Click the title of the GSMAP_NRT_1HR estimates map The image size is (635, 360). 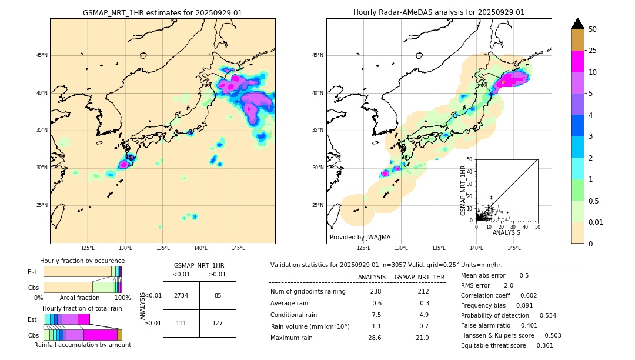pyautogui.click(x=162, y=12)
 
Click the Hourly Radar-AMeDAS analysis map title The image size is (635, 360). pyautogui.click(x=439, y=12)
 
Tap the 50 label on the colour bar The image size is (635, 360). pyautogui.click(x=593, y=29)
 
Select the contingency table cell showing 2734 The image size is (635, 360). pyautogui.click(x=181, y=295)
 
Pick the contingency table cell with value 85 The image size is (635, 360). pyautogui.click(x=218, y=295)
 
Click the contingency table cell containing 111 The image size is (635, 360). pyautogui.click(x=181, y=323)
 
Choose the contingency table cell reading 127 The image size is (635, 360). pyautogui.click(x=218, y=323)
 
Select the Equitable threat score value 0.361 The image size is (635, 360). pyautogui.click(x=540, y=345)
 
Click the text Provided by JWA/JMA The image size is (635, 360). pyautogui.click(x=360, y=237)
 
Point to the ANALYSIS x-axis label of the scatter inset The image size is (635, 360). pyautogui.click(x=506, y=232)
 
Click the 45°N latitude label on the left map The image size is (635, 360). pyautogui.click(x=42, y=55)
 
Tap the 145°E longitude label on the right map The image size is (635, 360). pyautogui.click(x=514, y=249)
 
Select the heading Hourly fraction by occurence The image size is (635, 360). pyautogui.click(x=82, y=261)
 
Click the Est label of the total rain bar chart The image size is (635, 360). pyautogui.click(x=32, y=319)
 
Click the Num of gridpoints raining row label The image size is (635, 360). pyautogui.click(x=308, y=292)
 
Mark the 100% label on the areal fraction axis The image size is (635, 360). pyautogui.click(x=122, y=298)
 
